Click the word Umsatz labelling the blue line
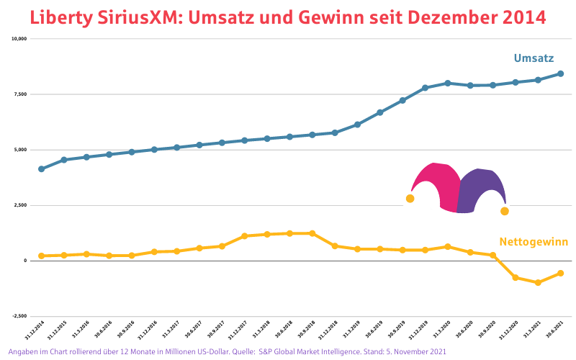(534, 58)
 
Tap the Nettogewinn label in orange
(534, 242)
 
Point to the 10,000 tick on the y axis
(18, 39)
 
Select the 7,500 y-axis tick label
(19, 94)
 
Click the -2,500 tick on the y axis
(18, 316)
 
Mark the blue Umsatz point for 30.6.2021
(561, 73)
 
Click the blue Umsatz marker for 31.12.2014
(41, 169)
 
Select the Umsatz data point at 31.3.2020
(448, 83)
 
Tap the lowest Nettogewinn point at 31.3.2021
(538, 283)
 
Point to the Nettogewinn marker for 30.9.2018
(312, 233)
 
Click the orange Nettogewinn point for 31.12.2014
(41, 256)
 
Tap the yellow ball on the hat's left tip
(410, 199)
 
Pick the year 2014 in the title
(523, 17)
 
